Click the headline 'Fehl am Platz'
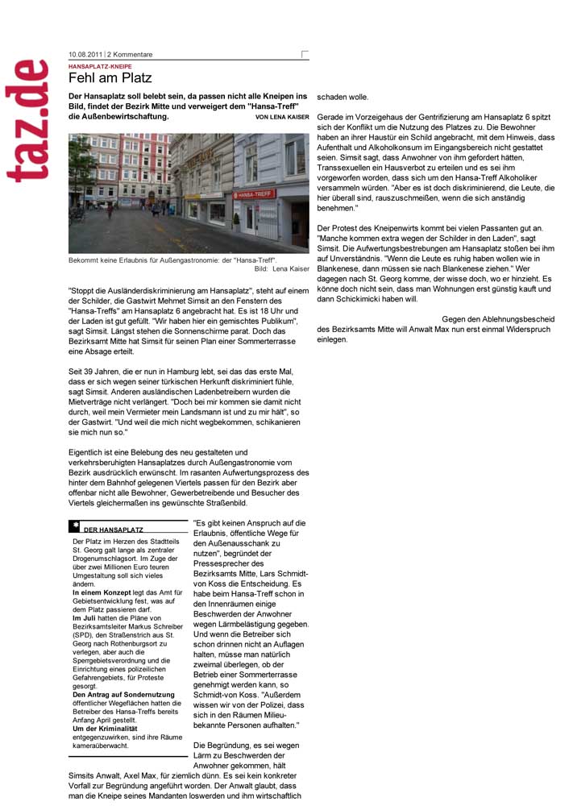point(110,78)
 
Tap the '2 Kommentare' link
point(131,55)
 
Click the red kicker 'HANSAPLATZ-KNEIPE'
point(100,66)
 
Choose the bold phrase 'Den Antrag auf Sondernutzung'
point(119,694)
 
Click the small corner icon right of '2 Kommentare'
point(304,55)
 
